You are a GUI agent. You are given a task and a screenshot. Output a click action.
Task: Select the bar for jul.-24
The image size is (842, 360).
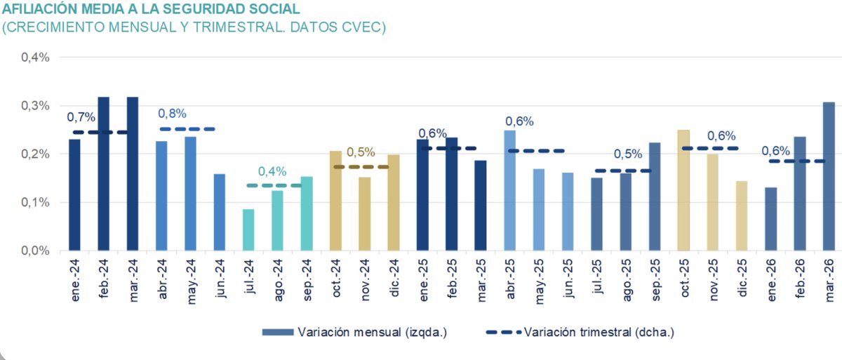pyautogui.click(x=248, y=229)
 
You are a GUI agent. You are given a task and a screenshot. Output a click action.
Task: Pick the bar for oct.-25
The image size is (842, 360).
pyautogui.click(x=683, y=190)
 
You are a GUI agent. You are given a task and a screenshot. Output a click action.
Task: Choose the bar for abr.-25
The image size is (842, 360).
pyautogui.click(x=509, y=190)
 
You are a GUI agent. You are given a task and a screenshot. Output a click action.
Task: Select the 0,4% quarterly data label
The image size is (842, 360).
pyautogui.click(x=272, y=171)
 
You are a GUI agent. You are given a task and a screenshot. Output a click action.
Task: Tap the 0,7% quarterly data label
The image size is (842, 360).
pyautogui.click(x=81, y=116)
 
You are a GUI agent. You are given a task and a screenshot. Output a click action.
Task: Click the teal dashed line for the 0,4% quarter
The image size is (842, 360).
pyautogui.click(x=274, y=185)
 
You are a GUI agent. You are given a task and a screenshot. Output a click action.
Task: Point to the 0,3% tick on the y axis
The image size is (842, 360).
pyautogui.click(x=35, y=106)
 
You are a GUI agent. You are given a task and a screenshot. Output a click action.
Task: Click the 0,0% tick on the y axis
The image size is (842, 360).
pyautogui.click(x=35, y=251)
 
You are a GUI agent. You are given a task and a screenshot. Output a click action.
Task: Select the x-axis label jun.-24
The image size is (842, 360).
pyautogui.click(x=220, y=280)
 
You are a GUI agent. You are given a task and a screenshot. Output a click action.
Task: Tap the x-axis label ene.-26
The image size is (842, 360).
pyautogui.click(x=770, y=280)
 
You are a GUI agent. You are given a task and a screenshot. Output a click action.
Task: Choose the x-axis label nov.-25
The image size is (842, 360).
pyautogui.click(x=713, y=280)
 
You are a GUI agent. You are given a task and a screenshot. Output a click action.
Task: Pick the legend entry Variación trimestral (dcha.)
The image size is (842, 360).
pyautogui.click(x=599, y=332)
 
